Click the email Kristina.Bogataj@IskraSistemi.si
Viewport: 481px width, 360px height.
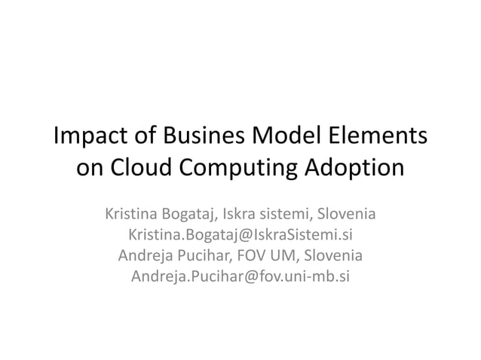pos(240,234)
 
